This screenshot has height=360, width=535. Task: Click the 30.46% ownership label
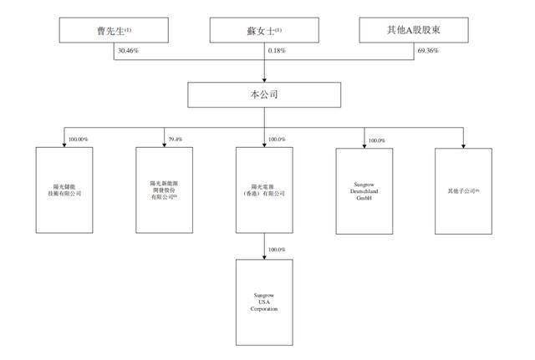point(125,51)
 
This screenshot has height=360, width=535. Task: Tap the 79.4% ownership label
point(176,139)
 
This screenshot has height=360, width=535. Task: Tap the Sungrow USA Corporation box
point(264,302)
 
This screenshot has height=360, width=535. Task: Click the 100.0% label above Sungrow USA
point(276,250)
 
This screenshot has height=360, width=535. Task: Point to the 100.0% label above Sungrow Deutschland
point(375,140)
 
